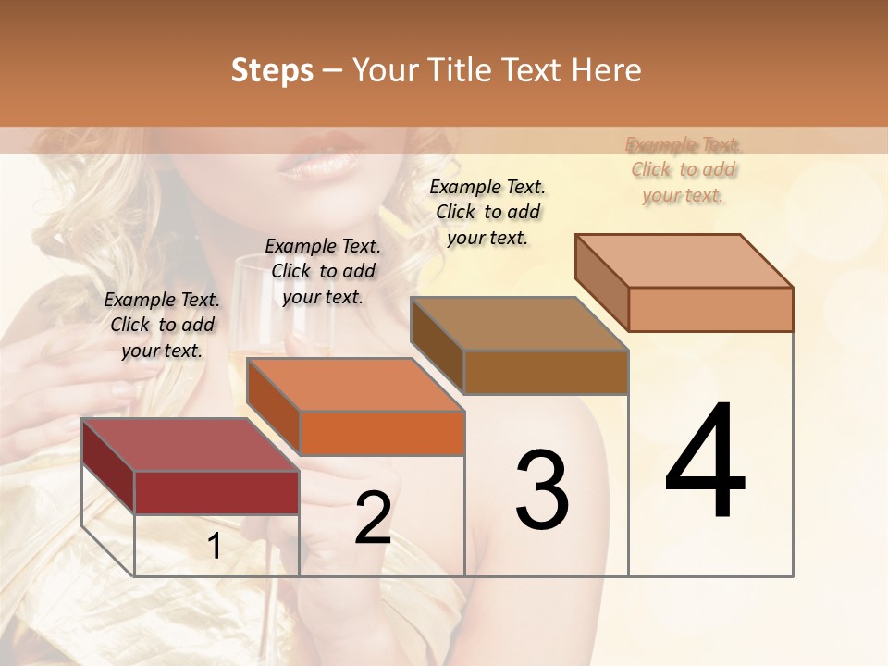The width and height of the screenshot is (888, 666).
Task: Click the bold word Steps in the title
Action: pos(272,70)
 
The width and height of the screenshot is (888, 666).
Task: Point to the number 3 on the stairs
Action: pos(542,490)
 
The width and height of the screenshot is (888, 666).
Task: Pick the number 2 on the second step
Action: pos(373,519)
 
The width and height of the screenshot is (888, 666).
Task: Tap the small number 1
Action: pos(214,547)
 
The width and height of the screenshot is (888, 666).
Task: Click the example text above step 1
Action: pos(162,325)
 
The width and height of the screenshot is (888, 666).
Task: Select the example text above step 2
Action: pos(323,271)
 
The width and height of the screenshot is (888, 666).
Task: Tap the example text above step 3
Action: pos(487,212)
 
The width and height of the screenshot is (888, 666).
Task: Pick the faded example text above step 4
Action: pos(684,169)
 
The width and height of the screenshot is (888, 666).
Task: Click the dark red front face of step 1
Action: pos(216,492)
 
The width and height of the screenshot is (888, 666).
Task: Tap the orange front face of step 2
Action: pos(382,433)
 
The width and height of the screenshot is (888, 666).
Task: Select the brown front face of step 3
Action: pos(546,372)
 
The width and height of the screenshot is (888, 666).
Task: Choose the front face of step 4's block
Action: pos(710,309)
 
